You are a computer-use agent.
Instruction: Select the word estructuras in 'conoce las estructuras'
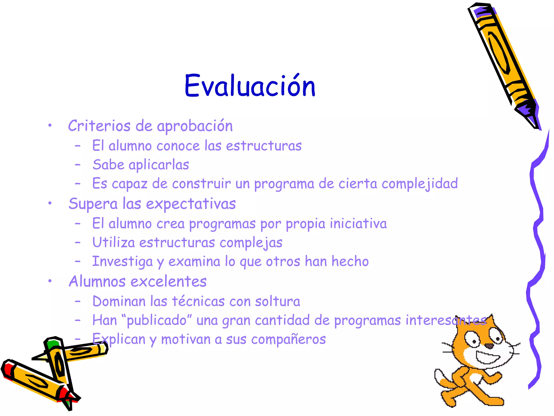[264, 146]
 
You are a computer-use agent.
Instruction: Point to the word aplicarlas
[159, 165]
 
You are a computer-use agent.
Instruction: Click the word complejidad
[420, 184]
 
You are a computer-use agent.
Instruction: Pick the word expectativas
[191, 204]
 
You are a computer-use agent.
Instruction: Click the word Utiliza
[114, 242]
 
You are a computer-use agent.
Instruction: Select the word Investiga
[123, 262]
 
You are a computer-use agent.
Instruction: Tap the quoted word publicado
[157, 321]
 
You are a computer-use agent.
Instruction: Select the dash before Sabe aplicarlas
[78, 165]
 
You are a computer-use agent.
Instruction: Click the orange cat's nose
[489, 346]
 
